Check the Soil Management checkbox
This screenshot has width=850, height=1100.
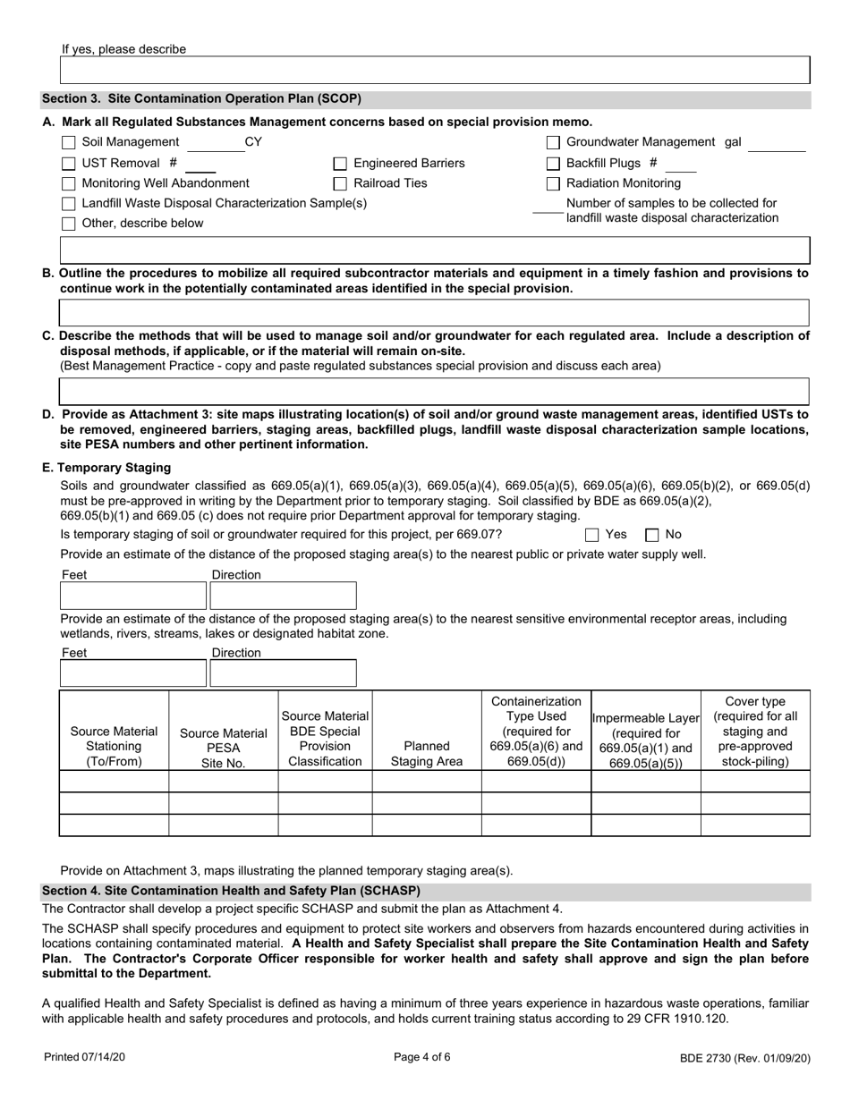pyautogui.click(x=69, y=143)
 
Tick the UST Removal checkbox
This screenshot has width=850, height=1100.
pyautogui.click(x=69, y=164)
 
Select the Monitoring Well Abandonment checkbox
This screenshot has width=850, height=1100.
pyautogui.click(x=69, y=184)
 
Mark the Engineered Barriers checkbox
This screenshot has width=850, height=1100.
pyautogui.click(x=340, y=164)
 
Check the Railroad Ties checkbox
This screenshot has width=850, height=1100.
pyautogui.click(x=340, y=184)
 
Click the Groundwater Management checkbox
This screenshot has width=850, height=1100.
pyautogui.click(x=553, y=143)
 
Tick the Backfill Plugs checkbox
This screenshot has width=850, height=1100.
pyautogui.click(x=553, y=164)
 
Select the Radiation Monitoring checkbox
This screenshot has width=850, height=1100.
pyautogui.click(x=553, y=184)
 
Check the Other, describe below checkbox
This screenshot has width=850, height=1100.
pyautogui.click(x=69, y=224)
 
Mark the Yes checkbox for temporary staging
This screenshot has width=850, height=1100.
pyautogui.click(x=592, y=536)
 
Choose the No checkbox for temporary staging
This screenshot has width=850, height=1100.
pyautogui.click(x=652, y=536)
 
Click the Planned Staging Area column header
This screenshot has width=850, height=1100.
pyautogui.click(x=427, y=753)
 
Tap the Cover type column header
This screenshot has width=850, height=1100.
pyautogui.click(x=755, y=731)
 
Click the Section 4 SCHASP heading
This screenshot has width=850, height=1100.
pyautogui.click(x=231, y=891)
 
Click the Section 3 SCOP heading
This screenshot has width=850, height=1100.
pyautogui.click(x=201, y=99)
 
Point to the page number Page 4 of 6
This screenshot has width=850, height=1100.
pyautogui.click(x=422, y=1057)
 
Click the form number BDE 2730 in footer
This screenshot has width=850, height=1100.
pyautogui.click(x=744, y=1058)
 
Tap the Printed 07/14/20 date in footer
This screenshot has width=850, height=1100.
pyautogui.click(x=85, y=1057)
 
